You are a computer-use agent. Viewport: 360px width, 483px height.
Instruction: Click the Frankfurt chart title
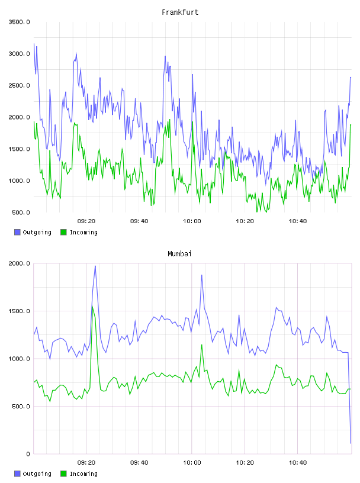point(180,12)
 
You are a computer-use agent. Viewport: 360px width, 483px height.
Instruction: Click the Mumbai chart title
point(179,253)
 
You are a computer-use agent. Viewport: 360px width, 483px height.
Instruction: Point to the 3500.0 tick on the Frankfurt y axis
point(19,22)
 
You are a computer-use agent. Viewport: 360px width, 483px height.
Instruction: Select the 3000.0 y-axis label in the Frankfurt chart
point(19,54)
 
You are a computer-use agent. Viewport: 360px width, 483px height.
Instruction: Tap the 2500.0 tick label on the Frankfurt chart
point(19,85)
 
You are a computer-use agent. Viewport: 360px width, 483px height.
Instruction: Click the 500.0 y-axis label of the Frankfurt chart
point(21,212)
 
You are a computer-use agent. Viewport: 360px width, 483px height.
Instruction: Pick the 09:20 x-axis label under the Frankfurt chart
point(86,221)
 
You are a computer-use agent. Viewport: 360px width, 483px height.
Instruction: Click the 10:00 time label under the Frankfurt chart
point(192,221)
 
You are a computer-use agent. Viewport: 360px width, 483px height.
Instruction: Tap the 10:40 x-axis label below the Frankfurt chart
point(298,221)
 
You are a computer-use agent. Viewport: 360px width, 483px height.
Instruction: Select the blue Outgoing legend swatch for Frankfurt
point(17,232)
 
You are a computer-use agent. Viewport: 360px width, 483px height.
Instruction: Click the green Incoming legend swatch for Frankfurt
point(63,232)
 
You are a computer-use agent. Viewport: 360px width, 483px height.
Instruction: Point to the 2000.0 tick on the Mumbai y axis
point(19,263)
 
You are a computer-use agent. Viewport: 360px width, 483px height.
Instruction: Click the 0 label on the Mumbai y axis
point(28,454)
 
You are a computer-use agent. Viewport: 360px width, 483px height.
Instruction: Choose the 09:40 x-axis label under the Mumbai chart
point(139,462)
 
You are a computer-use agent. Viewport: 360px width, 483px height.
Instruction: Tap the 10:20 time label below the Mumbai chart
point(245,462)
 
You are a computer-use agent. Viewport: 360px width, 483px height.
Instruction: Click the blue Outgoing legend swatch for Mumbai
point(17,474)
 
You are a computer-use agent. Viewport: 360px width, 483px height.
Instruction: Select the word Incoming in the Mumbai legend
point(83,474)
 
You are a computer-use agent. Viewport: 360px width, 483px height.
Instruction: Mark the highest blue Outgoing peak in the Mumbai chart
point(95,266)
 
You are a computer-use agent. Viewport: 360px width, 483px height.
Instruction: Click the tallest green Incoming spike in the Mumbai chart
point(92,306)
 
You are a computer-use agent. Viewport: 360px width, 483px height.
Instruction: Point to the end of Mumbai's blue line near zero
point(351,443)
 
